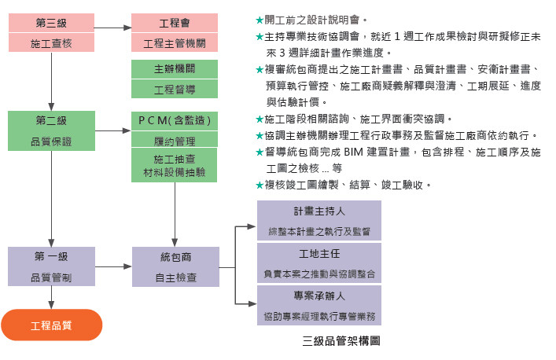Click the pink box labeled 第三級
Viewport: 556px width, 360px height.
pyautogui.click(x=51, y=24)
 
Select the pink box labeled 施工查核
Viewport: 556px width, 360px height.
pyautogui.click(x=51, y=43)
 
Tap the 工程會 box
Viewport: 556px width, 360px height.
pyautogui.click(x=174, y=24)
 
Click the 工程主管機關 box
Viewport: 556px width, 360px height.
pyautogui.click(x=174, y=43)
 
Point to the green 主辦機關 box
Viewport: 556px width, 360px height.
pyautogui.click(x=174, y=69)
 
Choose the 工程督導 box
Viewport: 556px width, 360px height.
pyautogui.click(x=174, y=90)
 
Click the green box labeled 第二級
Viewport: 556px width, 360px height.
pyautogui.click(x=51, y=121)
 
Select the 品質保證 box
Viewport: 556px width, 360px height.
pyautogui.click(x=51, y=141)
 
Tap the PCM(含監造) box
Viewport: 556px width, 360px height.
pyautogui.click(x=174, y=121)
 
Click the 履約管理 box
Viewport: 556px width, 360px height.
pyautogui.click(x=174, y=141)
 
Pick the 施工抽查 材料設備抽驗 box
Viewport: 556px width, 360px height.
pyautogui.click(x=174, y=167)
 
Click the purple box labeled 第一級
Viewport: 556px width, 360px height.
pyautogui.click(x=51, y=257)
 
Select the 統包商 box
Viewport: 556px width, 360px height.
pyautogui.click(x=174, y=257)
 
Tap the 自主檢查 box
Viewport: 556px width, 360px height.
pyautogui.click(x=174, y=277)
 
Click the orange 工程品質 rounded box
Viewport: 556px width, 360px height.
pyautogui.click(x=51, y=325)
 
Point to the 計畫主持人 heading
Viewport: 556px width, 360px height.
pyautogui.click(x=319, y=211)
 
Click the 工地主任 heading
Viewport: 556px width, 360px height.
pyautogui.click(x=319, y=254)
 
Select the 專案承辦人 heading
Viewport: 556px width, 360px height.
pyautogui.click(x=319, y=296)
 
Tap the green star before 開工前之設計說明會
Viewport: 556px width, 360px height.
pyautogui.click(x=260, y=18)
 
